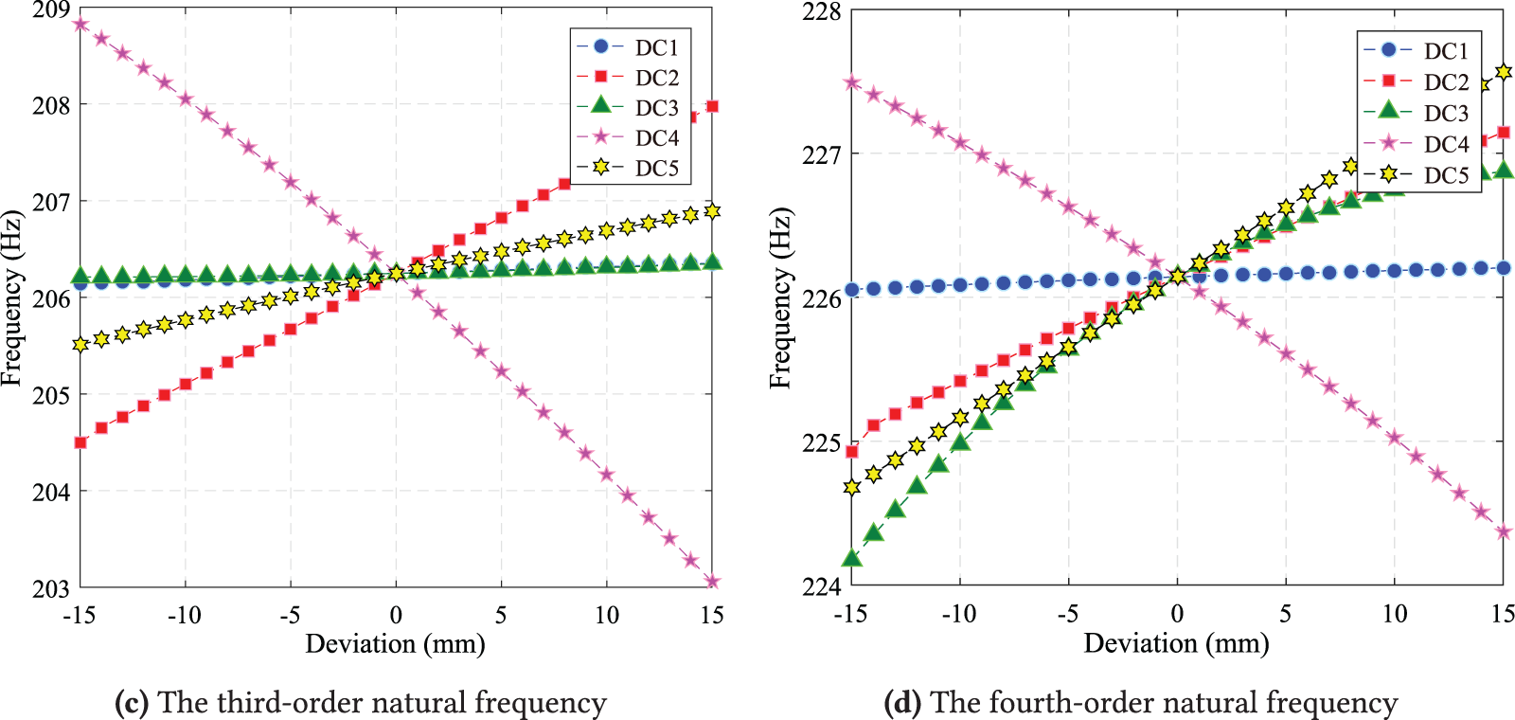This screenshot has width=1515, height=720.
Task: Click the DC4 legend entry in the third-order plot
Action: tap(655, 138)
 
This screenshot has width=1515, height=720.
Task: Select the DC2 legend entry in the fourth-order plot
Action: tap(1445, 82)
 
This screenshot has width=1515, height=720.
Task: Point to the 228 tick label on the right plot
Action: tap(821, 11)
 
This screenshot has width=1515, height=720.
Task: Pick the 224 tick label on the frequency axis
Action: tap(821, 587)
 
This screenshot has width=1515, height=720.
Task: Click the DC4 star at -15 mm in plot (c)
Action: tap(80, 25)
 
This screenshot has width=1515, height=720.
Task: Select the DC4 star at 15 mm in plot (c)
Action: tap(712, 582)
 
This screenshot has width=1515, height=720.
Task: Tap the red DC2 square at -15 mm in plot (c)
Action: tap(80, 442)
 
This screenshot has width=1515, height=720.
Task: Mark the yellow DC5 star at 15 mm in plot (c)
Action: tap(712, 212)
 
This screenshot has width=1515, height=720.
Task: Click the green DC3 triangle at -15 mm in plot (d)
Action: tap(852, 558)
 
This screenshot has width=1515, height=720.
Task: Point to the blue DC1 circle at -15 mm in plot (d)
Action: tap(852, 290)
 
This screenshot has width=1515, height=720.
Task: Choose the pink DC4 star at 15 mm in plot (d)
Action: tap(1503, 532)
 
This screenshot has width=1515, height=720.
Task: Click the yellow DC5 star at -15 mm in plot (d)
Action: tap(852, 487)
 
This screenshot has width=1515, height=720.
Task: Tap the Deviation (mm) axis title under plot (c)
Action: tap(395, 644)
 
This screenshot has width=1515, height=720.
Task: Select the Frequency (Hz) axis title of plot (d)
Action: tap(779, 298)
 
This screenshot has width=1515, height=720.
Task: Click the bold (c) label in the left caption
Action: tap(131, 703)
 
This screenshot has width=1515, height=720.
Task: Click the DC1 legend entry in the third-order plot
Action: tap(655, 47)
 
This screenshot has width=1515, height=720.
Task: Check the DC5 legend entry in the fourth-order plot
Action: tap(1445, 175)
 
